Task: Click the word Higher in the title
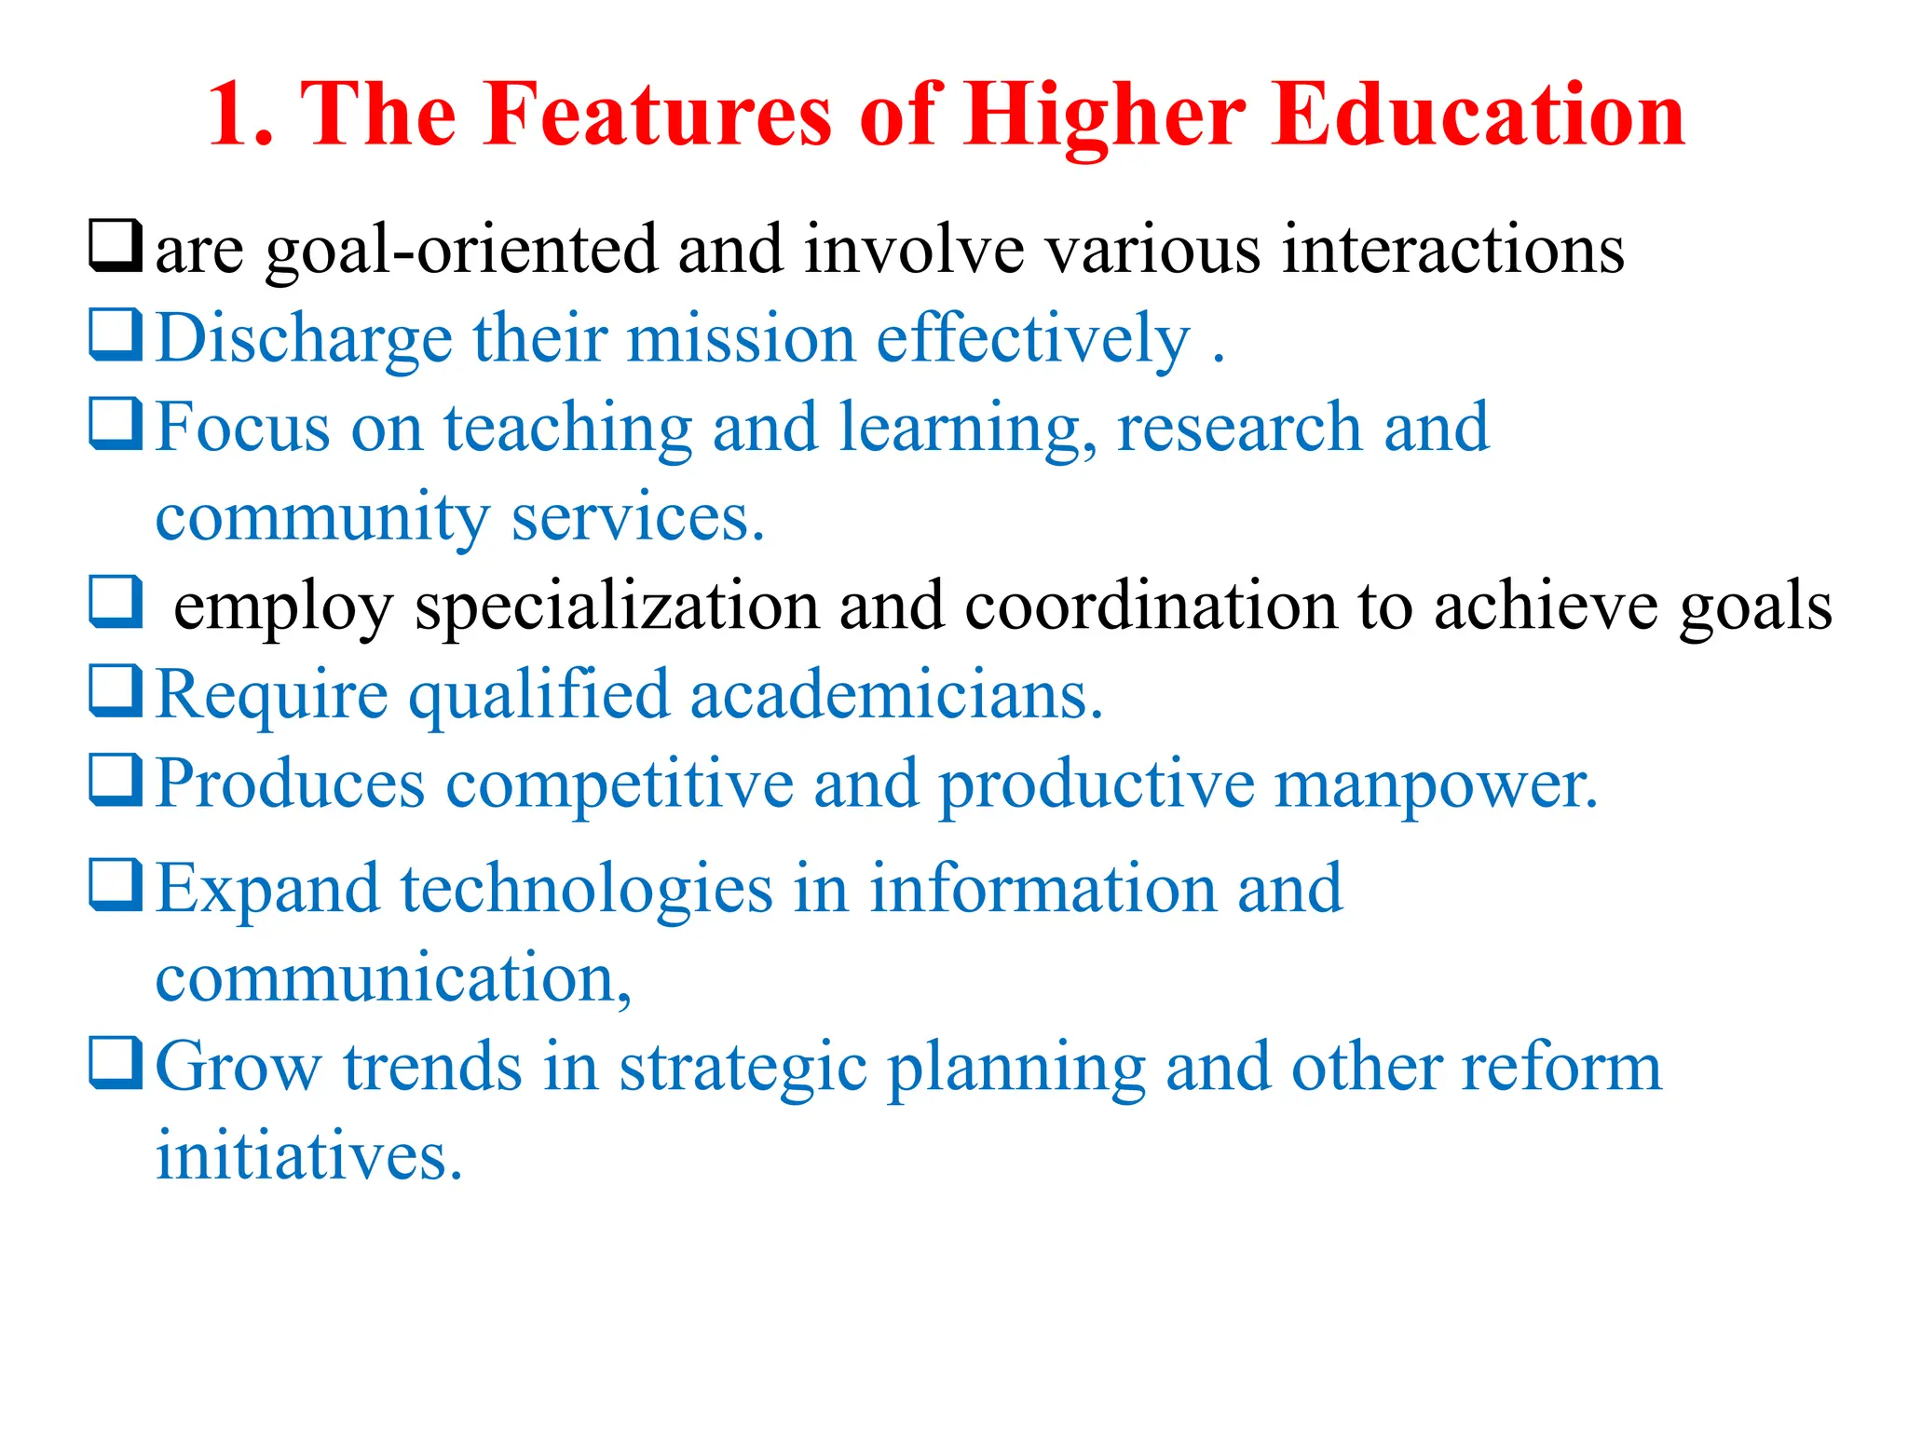pos(1104,116)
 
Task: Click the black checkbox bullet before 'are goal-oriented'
pos(116,245)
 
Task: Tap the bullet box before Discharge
pos(116,334)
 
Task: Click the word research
pos(1238,428)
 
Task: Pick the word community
pos(322,519)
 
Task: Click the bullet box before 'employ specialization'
pos(116,602)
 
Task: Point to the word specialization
pos(617,607)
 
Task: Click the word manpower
pos(1436,785)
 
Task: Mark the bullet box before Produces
pos(116,780)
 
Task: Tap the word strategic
pos(743,1069)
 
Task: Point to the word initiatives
pos(308,1156)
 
